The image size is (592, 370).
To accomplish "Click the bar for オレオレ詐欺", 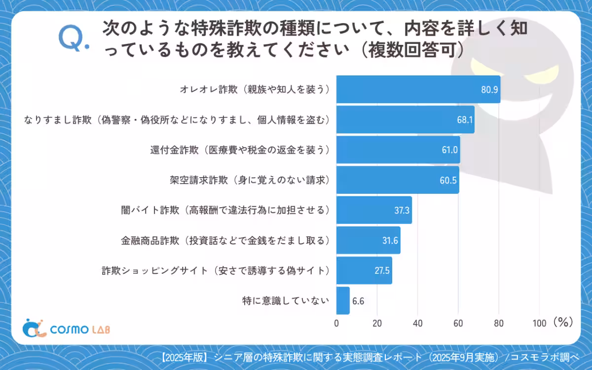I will [418, 89].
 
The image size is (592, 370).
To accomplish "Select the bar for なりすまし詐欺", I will [405, 119].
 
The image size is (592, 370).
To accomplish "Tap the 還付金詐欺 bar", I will [398, 149].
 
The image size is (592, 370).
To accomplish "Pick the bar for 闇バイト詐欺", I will [374, 210].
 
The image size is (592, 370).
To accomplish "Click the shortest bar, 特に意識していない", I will [343, 300].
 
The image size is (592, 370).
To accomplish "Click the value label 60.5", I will [448, 180].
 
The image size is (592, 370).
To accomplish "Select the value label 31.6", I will [390, 240].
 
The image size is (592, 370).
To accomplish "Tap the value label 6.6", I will [358, 300].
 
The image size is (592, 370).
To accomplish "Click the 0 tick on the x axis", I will [336, 323].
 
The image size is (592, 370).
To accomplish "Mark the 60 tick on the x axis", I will [458, 323].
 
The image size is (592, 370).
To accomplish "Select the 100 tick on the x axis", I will [539, 323].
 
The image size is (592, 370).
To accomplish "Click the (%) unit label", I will [562, 322].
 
